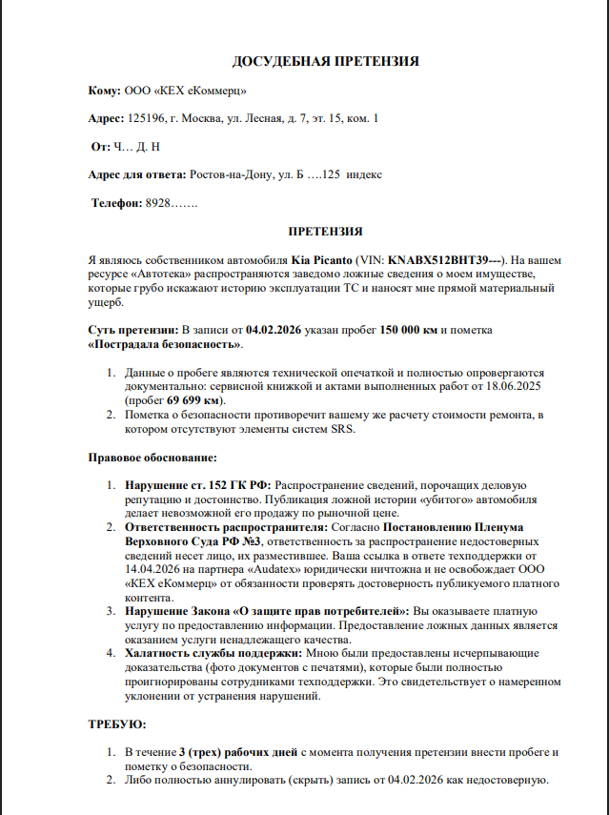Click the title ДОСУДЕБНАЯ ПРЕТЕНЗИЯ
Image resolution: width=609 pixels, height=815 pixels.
(326, 62)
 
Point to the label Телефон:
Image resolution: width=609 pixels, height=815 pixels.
(116, 203)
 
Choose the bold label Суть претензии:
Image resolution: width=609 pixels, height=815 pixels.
(132, 329)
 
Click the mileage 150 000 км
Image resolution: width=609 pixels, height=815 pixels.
(409, 329)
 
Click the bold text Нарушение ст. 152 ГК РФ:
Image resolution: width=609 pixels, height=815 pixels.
(197, 485)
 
